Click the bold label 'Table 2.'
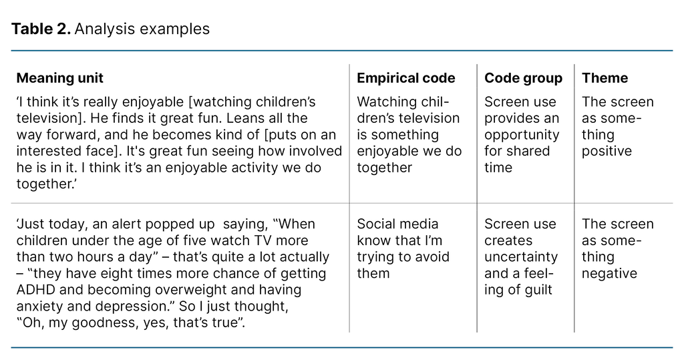tap(41, 29)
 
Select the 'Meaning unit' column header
tap(59, 78)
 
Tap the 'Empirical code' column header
tap(405, 78)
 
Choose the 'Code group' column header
tap(523, 78)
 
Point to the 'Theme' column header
tap(605, 78)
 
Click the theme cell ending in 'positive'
tap(617, 127)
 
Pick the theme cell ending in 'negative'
tap(617, 248)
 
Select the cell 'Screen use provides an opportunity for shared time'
tap(522, 135)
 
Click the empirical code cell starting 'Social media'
tap(403, 248)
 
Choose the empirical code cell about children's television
tap(409, 135)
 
